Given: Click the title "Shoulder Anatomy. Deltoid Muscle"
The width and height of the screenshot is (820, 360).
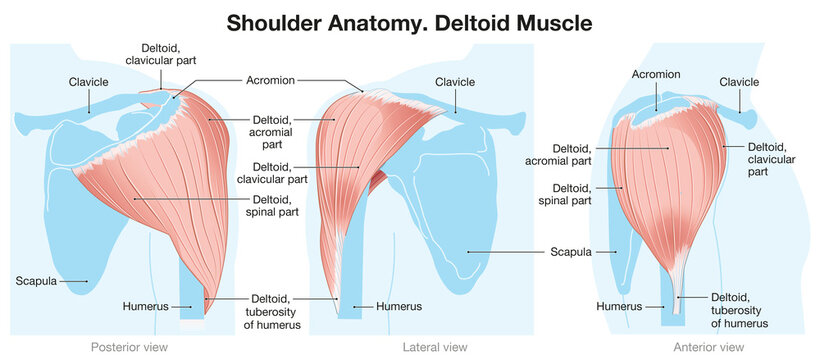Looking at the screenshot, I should [409, 21].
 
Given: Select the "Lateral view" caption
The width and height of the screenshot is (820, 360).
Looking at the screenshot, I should [434, 346].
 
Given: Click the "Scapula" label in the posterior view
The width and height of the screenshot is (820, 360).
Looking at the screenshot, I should [36, 281].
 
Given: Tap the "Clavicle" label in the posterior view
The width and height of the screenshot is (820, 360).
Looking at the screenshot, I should [89, 81].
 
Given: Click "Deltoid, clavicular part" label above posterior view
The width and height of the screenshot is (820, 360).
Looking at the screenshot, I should [169, 53].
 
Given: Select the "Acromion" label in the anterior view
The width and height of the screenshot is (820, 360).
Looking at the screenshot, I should [656, 74].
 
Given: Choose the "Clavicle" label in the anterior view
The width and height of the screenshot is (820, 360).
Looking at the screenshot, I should [739, 81].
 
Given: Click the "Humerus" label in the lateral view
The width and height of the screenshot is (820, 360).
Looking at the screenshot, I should [398, 305].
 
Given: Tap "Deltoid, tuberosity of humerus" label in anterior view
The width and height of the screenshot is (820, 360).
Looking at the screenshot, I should [739, 310].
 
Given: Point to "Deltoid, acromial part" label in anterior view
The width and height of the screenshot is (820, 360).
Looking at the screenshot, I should [559, 153].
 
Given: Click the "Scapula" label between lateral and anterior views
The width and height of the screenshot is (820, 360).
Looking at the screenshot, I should [572, 251].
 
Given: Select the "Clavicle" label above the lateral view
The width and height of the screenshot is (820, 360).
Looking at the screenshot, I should [456, 81].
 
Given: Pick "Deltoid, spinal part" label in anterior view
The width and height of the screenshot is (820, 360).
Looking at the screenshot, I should [565, 194].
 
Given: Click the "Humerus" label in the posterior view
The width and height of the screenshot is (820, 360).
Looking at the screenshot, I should [144, 305].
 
